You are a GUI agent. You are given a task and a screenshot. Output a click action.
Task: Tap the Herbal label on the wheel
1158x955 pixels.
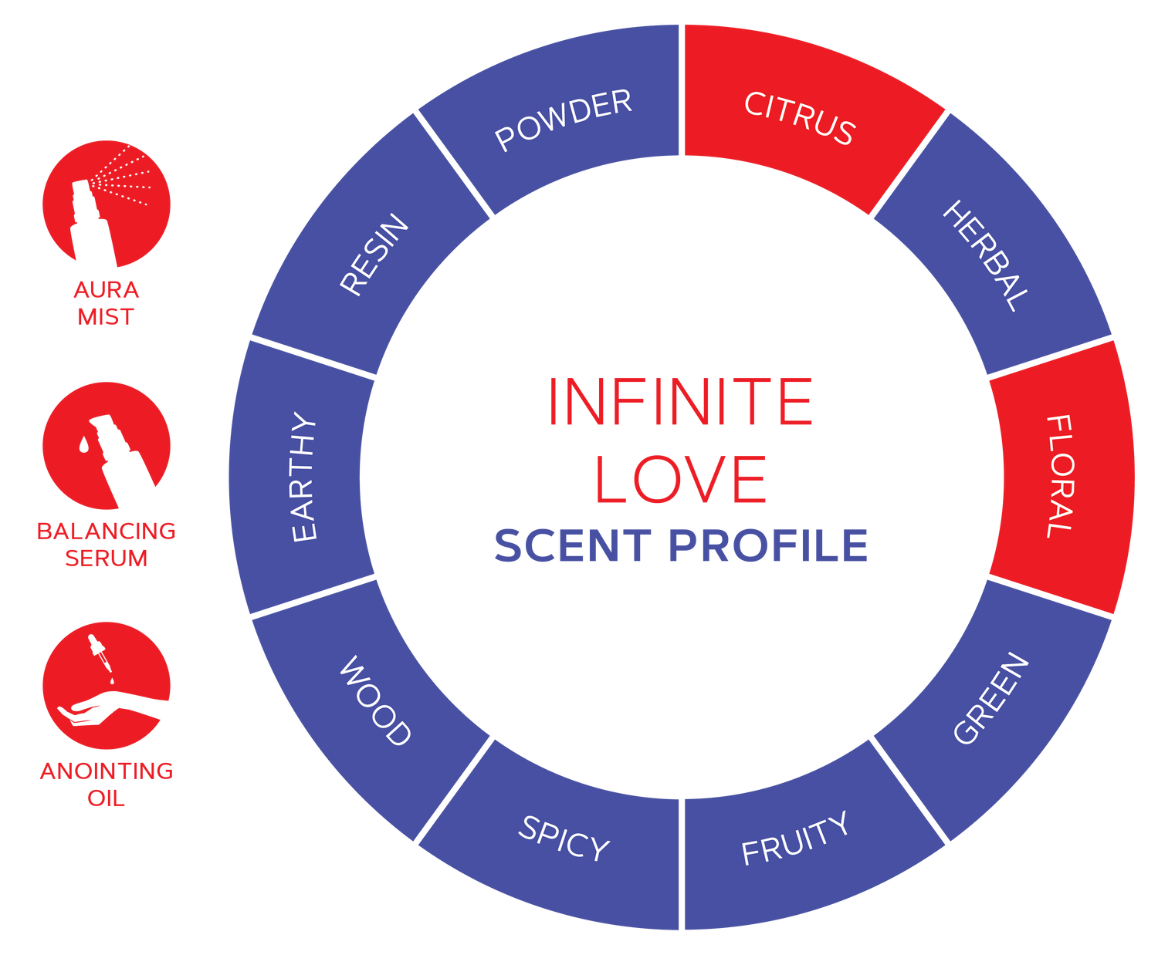click(x=986, y=256)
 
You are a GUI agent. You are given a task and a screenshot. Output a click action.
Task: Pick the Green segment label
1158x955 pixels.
click(x=990, y=698)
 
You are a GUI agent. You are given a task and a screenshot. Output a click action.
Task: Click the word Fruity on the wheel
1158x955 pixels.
click(x=794, y=838)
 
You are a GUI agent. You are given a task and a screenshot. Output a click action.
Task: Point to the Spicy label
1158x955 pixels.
click(x=564, y=838)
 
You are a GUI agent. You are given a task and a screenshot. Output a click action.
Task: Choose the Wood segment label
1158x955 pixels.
click(x=375, y=700)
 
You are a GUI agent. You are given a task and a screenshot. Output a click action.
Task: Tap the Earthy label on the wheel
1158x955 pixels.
click(x=303, y=477)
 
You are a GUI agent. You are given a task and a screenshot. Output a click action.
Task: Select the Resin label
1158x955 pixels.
click(x=374, y=255)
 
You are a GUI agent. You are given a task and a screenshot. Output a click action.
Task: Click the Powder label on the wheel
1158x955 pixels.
click(x=563, y=120)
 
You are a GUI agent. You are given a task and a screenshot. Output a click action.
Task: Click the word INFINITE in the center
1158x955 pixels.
click(x=680, y=401)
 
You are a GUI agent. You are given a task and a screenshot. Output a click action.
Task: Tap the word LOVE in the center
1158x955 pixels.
click(x=680, y=479)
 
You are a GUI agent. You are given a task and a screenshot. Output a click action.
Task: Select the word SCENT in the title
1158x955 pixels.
click(x=572, y=545)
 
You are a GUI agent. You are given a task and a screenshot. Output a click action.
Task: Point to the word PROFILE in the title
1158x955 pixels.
click(x=768, y=545)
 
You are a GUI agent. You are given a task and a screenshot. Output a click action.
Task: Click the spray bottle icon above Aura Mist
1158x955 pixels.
click(x=107, y=204)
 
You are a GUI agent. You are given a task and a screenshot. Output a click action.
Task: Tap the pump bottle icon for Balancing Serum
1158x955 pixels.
click(x=107, y=446)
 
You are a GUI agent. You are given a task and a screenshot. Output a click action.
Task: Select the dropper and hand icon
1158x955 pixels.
click(x=107, y=686)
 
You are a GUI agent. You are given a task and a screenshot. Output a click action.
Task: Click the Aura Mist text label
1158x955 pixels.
click(x=106, y=303)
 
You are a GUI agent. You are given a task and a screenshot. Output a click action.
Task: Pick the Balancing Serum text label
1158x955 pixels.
click(x=106, y=545)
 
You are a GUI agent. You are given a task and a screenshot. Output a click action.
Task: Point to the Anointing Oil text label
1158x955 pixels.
click(x=107, y=785)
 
